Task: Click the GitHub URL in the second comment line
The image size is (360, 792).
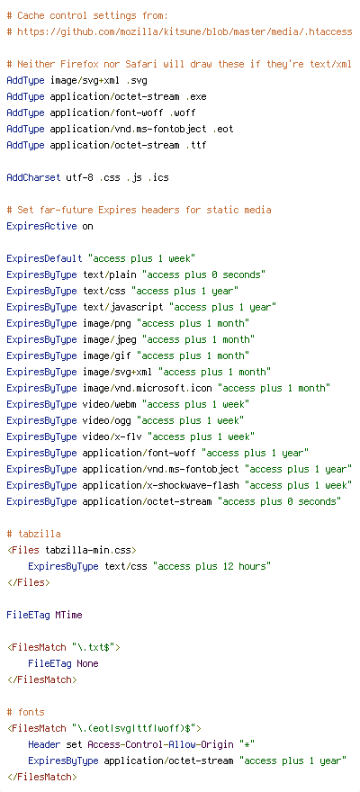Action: point(184,31)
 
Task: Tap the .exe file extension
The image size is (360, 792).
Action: point(196,96)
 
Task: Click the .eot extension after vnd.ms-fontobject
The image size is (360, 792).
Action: point(222,129)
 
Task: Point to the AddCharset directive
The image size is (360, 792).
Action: point(33,178)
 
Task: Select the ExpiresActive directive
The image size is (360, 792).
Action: point(41,226)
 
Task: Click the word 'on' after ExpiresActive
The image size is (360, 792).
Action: point(87,226)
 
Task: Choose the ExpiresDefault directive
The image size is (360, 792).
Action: point(44,258)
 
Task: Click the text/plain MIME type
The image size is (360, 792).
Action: point(109,274)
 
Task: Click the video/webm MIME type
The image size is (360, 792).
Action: point(109,404)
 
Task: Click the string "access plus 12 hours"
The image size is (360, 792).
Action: point(214,566)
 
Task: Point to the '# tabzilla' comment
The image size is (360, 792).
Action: point(33,534)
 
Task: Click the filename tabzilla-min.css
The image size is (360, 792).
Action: point(88,550)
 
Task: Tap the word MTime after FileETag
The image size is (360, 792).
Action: point(68,615)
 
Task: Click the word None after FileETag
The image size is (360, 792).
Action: point(87,663)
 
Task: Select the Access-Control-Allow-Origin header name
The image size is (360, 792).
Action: point(160,744)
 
